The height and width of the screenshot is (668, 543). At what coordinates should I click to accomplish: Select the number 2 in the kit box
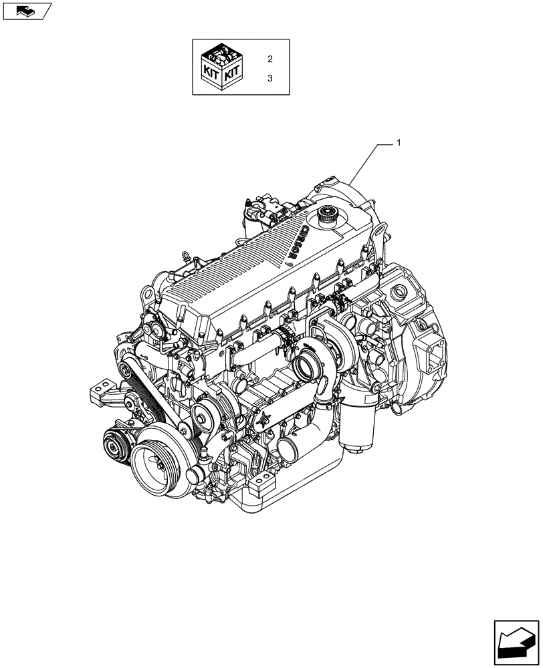coord(270,59)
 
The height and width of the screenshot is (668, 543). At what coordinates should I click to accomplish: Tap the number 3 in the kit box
coord(270,78)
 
